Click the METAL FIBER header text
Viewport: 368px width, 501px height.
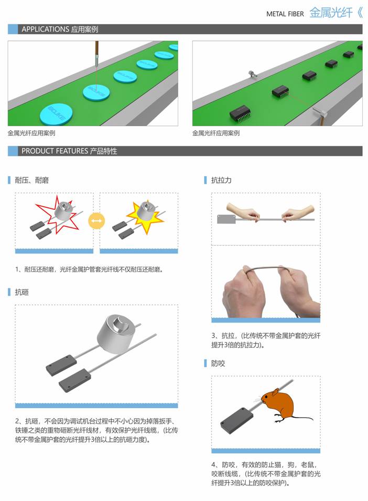point(285,14)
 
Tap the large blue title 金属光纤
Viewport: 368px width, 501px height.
point(331,13)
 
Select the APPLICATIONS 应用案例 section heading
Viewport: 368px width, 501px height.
point(60,29)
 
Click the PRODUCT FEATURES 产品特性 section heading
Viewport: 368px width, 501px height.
point(69,151)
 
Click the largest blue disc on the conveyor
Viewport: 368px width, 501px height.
point(56,114)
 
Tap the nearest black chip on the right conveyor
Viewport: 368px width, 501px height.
point(242,112)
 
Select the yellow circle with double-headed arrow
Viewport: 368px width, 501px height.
point(96,221)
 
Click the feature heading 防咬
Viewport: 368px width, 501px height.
point(218,363)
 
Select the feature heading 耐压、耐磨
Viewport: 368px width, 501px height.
point(32,180)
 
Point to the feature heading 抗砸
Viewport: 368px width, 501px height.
point(22,292)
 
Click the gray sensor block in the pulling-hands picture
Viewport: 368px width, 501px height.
point(226,219)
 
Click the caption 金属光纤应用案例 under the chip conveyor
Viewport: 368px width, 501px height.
point(216,133)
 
